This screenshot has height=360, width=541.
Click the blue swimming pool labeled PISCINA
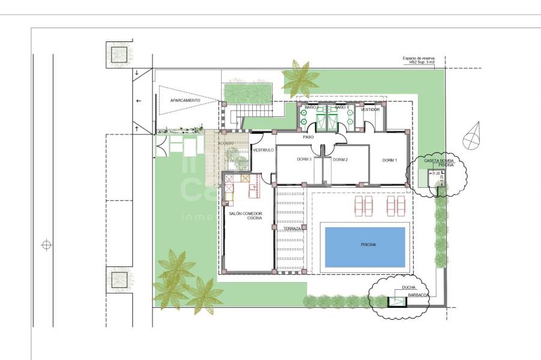coord(365,245)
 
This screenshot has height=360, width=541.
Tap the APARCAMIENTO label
coord(186,100)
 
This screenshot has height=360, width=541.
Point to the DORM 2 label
coord(340,160)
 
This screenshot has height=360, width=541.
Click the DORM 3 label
coord(304,160)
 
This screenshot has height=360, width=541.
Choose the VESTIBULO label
coord(263,149)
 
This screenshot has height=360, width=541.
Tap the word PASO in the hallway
coord(308,137)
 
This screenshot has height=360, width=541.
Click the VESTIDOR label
coord(370,110)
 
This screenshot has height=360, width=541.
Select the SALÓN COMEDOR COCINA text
coord(246,216)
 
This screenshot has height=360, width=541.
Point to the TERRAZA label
coord(292,229)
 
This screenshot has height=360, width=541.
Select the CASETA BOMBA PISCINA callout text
coord(439,163)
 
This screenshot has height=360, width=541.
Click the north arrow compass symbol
coord(474,135)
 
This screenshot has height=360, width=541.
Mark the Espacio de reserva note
coord(423,60)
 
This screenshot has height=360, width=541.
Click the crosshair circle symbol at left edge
coord(46,245)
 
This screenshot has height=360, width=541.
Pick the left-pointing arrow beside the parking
coord(139,101)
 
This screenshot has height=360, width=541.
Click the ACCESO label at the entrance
coord(226,143)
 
